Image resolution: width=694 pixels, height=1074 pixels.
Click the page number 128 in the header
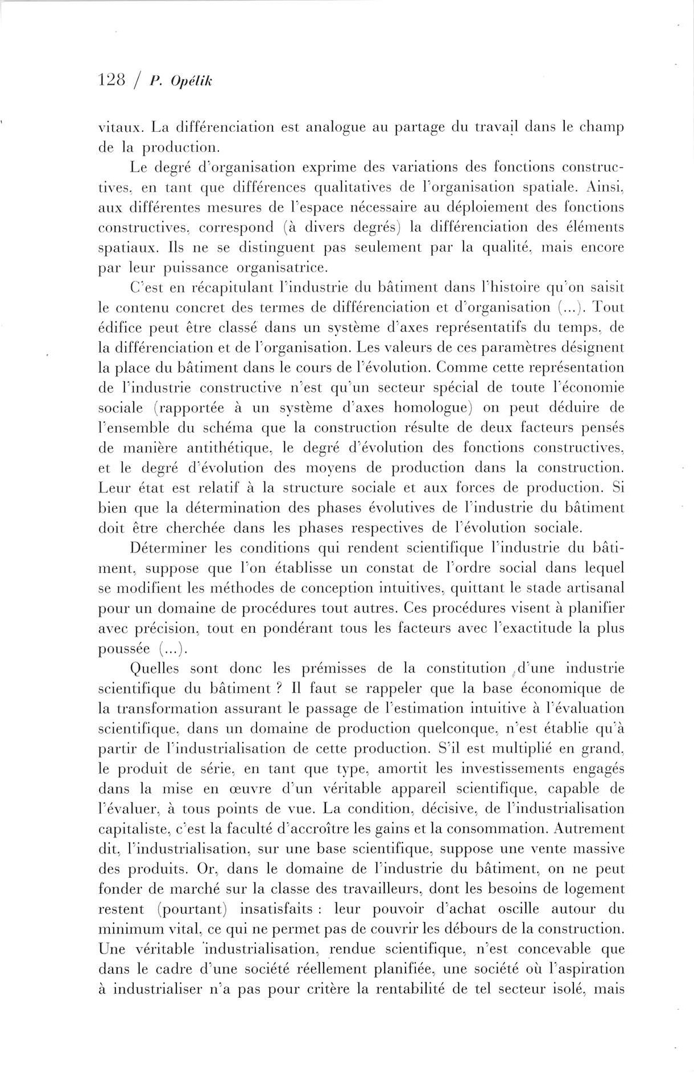pyautogui.click(x=111, y=81)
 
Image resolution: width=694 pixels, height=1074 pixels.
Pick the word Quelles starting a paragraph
pyautogui.click(x=155, y=668)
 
